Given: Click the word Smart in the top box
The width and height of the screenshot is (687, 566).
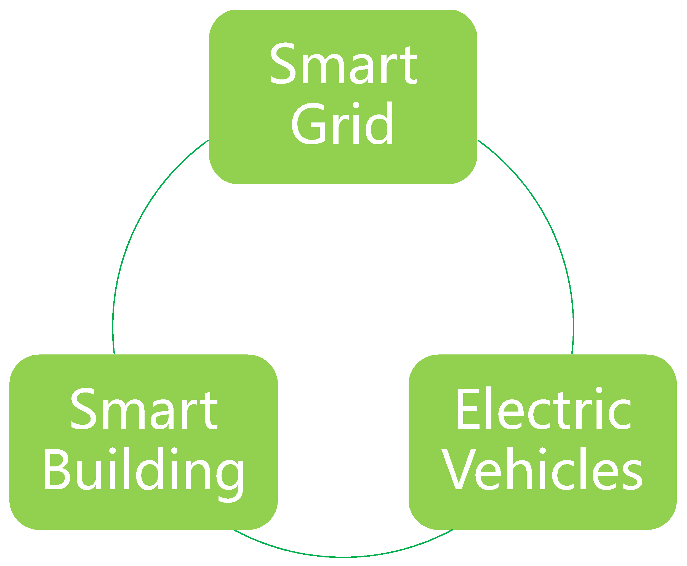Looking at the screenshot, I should click(343, 63).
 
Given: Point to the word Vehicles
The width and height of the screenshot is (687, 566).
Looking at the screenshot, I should click(542, 469).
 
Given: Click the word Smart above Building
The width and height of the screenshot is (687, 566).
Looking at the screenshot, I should click(144, 410).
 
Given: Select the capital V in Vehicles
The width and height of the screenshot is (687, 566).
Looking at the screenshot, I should click(459, 469).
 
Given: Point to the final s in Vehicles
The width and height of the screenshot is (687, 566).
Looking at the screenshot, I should click(632, 475).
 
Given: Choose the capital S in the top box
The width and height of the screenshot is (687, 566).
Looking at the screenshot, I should click(283, 63).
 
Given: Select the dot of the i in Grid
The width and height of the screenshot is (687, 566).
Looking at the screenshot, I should click(356, 105).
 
